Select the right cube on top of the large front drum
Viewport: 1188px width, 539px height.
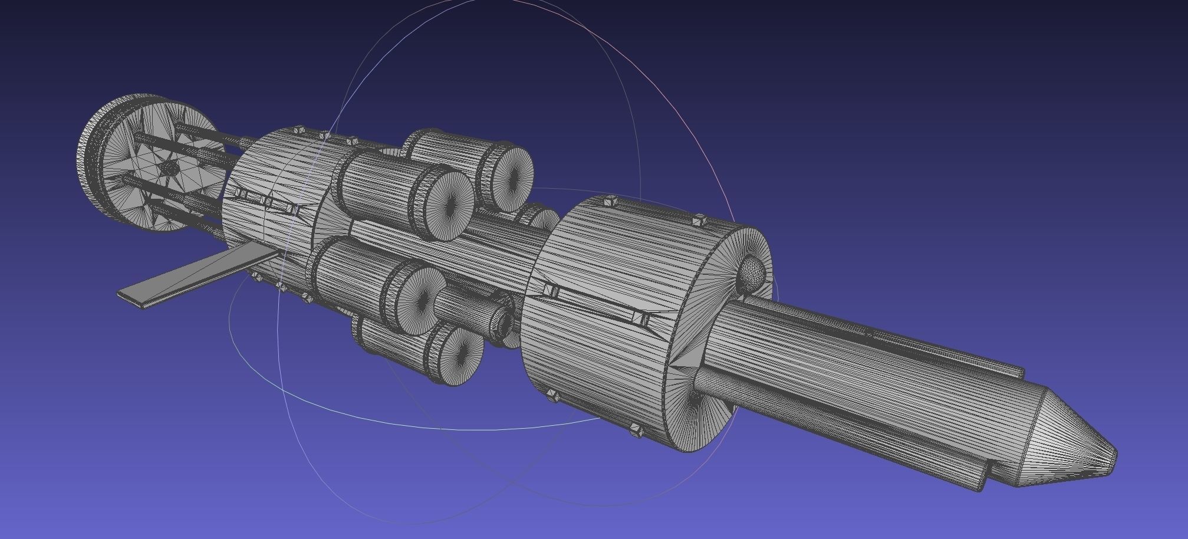pos(699,221)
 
